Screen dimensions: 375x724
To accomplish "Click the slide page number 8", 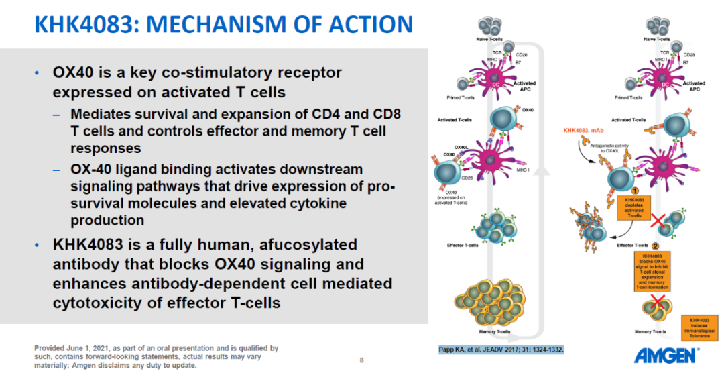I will coord(362,360).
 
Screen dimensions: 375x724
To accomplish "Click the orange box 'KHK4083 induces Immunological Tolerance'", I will coord(700,327).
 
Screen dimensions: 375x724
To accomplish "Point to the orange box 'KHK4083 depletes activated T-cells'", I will coord(633,209).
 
